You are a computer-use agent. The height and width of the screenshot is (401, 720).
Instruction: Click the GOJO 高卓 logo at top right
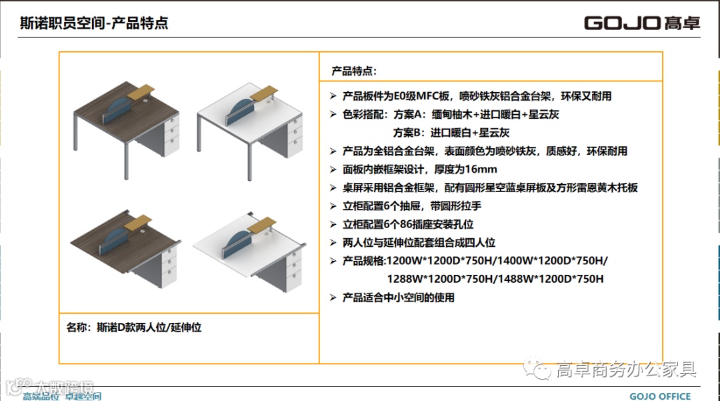642,23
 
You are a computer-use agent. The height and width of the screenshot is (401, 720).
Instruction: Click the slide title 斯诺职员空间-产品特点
94,23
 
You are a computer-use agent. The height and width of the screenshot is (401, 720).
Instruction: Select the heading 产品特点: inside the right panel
354,71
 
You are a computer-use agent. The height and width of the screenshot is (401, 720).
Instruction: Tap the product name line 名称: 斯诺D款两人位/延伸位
134,327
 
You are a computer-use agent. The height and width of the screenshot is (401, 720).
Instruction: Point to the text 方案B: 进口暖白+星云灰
451,132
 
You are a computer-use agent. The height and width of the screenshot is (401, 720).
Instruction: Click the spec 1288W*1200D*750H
443,279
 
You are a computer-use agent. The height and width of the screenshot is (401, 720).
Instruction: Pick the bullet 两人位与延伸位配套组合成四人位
419,243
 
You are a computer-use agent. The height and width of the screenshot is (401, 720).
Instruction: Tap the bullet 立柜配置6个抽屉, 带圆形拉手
411,206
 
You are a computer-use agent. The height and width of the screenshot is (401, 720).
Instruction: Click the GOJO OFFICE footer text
660,396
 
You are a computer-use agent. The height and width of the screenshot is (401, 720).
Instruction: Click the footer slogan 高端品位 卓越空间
62,396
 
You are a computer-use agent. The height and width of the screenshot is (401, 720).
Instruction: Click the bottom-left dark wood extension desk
126,247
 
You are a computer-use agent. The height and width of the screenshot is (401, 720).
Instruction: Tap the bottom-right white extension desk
250,247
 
